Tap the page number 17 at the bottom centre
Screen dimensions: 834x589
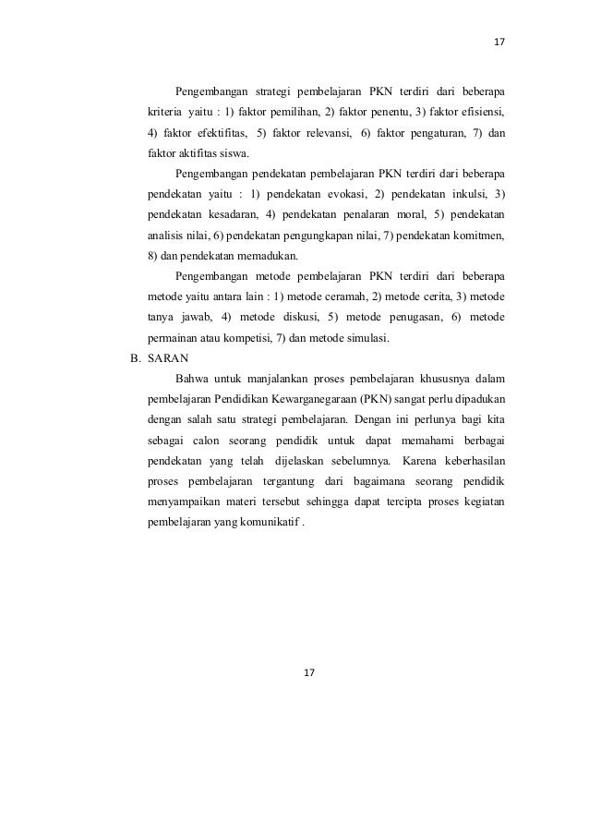click(309, 671)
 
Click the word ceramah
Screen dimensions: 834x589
click(343, 296)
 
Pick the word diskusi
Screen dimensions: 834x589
click(291, 318)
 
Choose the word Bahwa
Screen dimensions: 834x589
click(190, 379)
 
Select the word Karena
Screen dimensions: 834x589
click(420, 460)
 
